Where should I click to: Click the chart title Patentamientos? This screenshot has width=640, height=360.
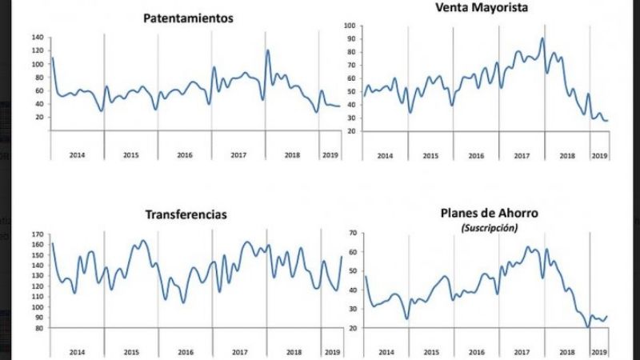188,18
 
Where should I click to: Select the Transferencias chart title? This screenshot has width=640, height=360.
186,214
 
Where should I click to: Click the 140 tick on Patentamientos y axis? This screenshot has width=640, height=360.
38,38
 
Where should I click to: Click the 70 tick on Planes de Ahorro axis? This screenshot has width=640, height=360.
350,233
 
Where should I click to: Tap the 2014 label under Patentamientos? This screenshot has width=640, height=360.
77,154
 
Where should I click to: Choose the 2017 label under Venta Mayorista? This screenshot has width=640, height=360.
521,155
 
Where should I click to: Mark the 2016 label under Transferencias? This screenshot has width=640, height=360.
185,352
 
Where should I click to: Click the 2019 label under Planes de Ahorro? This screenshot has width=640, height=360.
598,352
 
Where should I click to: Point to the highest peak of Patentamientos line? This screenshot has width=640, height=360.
267,50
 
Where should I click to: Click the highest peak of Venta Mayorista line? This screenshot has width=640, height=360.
542,38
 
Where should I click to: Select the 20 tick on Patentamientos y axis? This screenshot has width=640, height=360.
38,117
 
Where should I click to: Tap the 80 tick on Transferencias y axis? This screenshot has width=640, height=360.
38,328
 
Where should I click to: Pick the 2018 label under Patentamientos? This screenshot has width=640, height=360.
293,154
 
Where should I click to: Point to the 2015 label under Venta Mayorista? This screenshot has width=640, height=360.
430,155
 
